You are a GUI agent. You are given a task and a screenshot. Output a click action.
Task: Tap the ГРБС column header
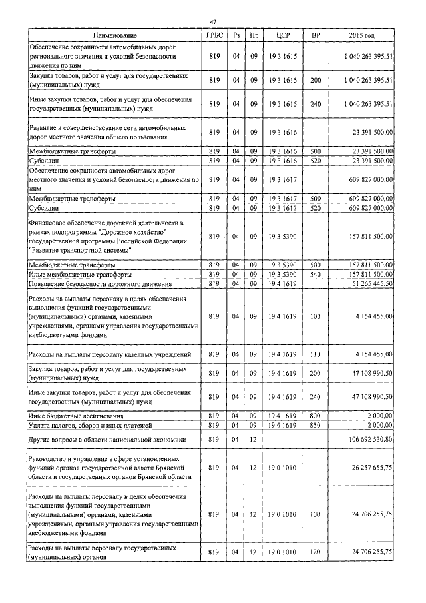214,35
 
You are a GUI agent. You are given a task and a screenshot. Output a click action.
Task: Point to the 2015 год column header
361,35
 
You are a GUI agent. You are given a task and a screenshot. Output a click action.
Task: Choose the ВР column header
316,35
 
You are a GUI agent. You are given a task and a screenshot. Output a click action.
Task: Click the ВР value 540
316,275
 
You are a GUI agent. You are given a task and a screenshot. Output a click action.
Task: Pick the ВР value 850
316,425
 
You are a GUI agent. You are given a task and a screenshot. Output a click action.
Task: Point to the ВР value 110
316,354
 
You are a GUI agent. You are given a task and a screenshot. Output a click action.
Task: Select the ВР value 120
316,552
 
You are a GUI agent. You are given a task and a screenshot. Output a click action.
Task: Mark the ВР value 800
316,416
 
